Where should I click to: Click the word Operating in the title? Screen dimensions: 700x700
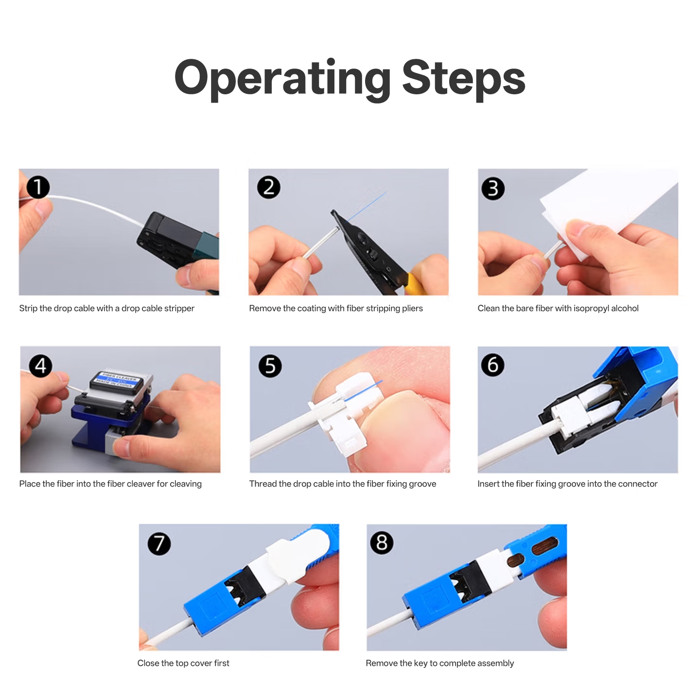point(283,80)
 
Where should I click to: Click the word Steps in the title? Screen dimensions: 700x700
point(464,80)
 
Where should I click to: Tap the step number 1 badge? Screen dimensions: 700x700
point(38,188)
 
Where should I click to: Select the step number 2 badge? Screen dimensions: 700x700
point(268,187)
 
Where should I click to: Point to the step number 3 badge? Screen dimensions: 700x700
point(493,189)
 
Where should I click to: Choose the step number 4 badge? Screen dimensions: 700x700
point(41,366)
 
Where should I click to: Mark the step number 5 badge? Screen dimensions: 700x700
point(270,366)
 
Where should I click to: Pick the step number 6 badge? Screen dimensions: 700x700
point(493,365)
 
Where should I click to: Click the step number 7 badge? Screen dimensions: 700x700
point(159,543)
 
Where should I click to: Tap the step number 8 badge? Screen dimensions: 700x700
point(382,542)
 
